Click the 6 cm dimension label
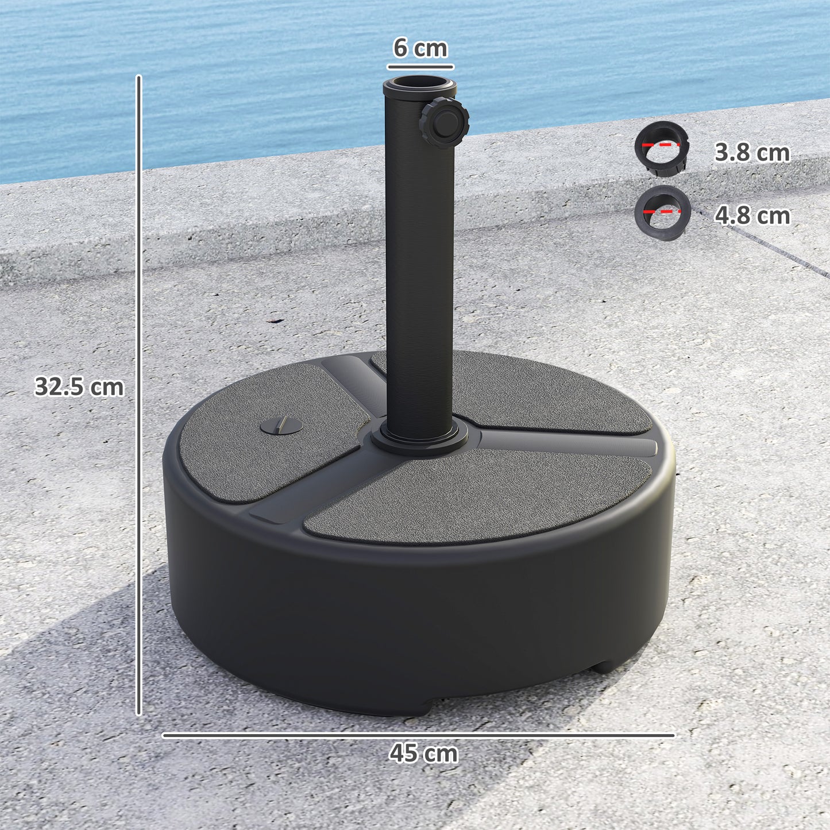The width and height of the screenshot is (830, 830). click(x=420, y=48)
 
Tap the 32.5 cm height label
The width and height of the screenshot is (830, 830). click(x=79, y=387)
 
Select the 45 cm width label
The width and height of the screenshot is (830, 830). click(x=423, y=753)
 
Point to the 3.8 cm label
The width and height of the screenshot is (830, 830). click(x=751, y=153)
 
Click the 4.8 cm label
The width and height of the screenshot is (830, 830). click(x=751, y=215)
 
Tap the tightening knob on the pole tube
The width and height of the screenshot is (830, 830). click(x=444, y=122)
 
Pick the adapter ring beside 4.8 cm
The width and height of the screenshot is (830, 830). click(x=662, y=213)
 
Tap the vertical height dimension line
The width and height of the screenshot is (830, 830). click(x=138, y=396)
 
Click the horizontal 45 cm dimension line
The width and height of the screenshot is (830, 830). click(x=418, y=735)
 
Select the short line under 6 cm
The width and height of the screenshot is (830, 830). click(x=420, y=67)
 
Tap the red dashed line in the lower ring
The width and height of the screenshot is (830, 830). click(x=662, y=211)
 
